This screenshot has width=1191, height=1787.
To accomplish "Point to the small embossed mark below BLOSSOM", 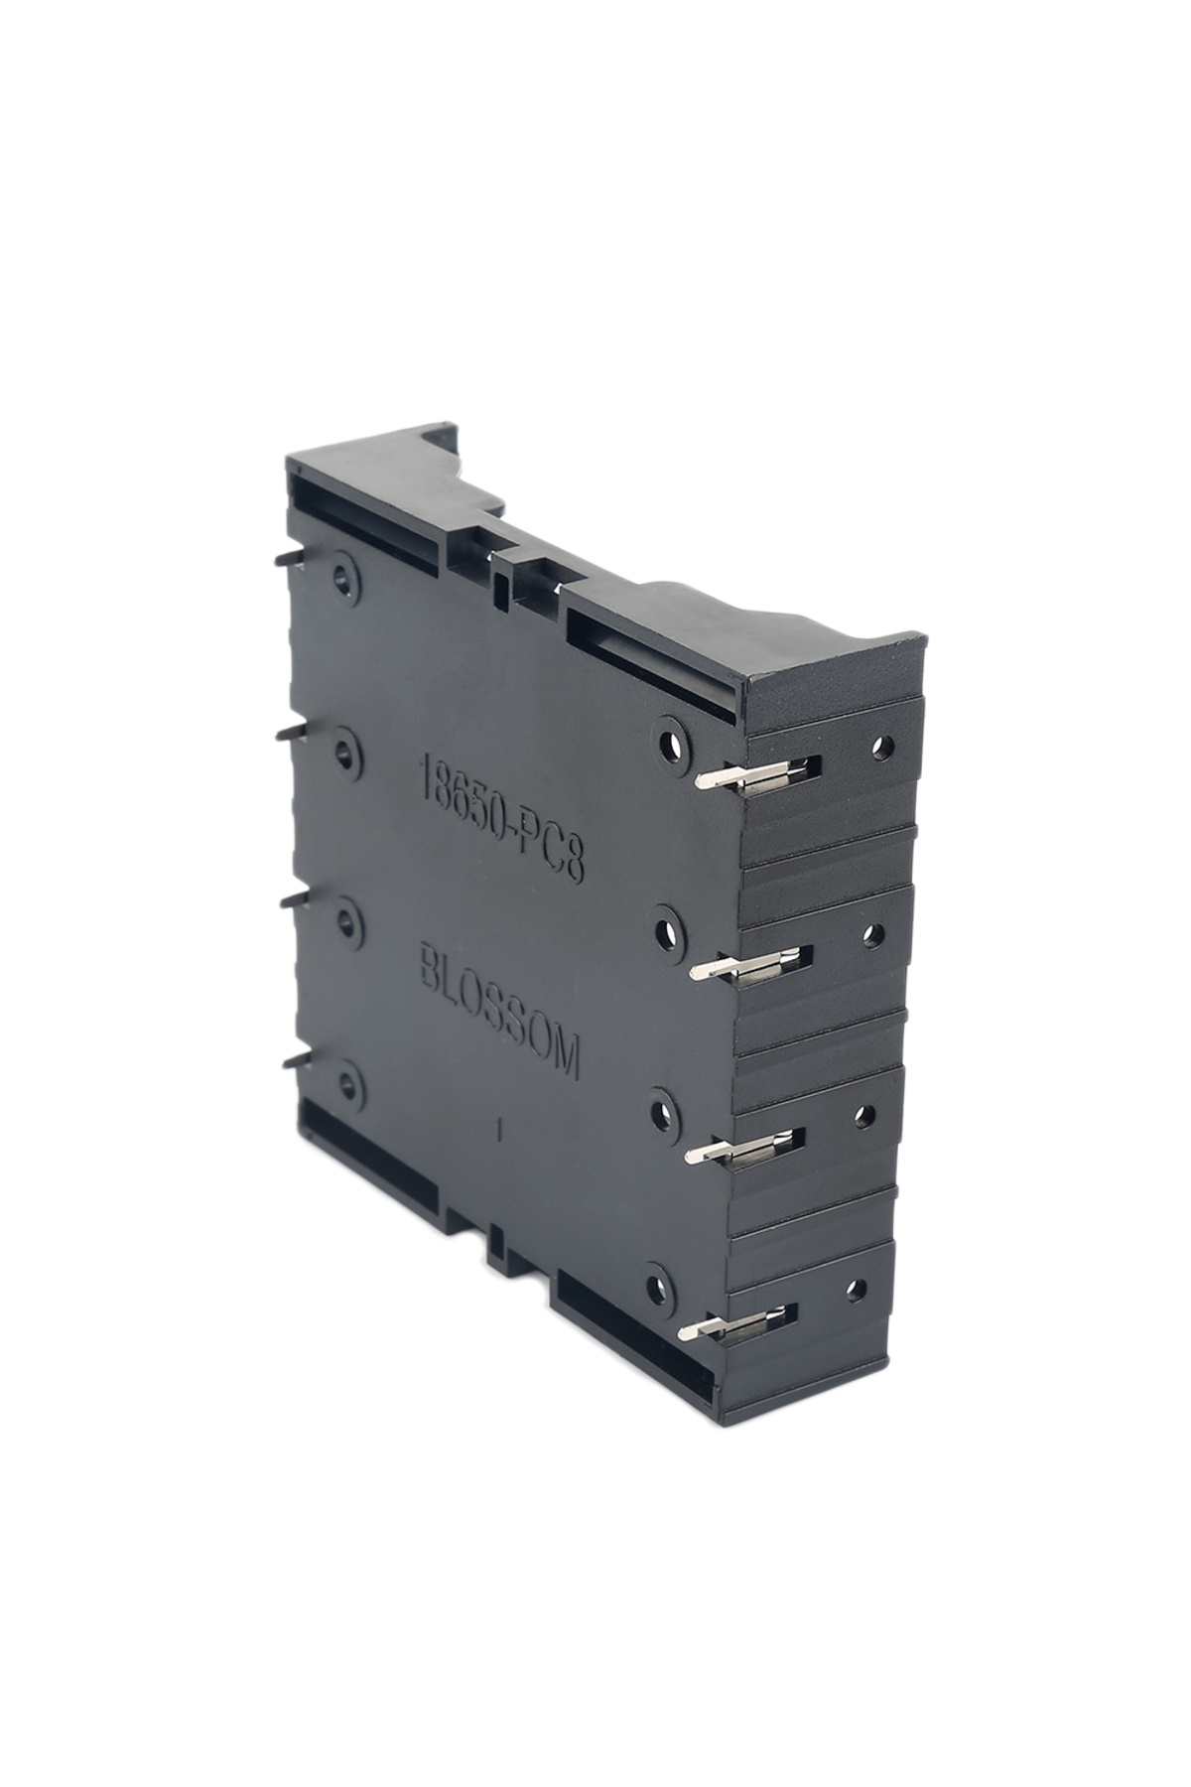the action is (503, 1129).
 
